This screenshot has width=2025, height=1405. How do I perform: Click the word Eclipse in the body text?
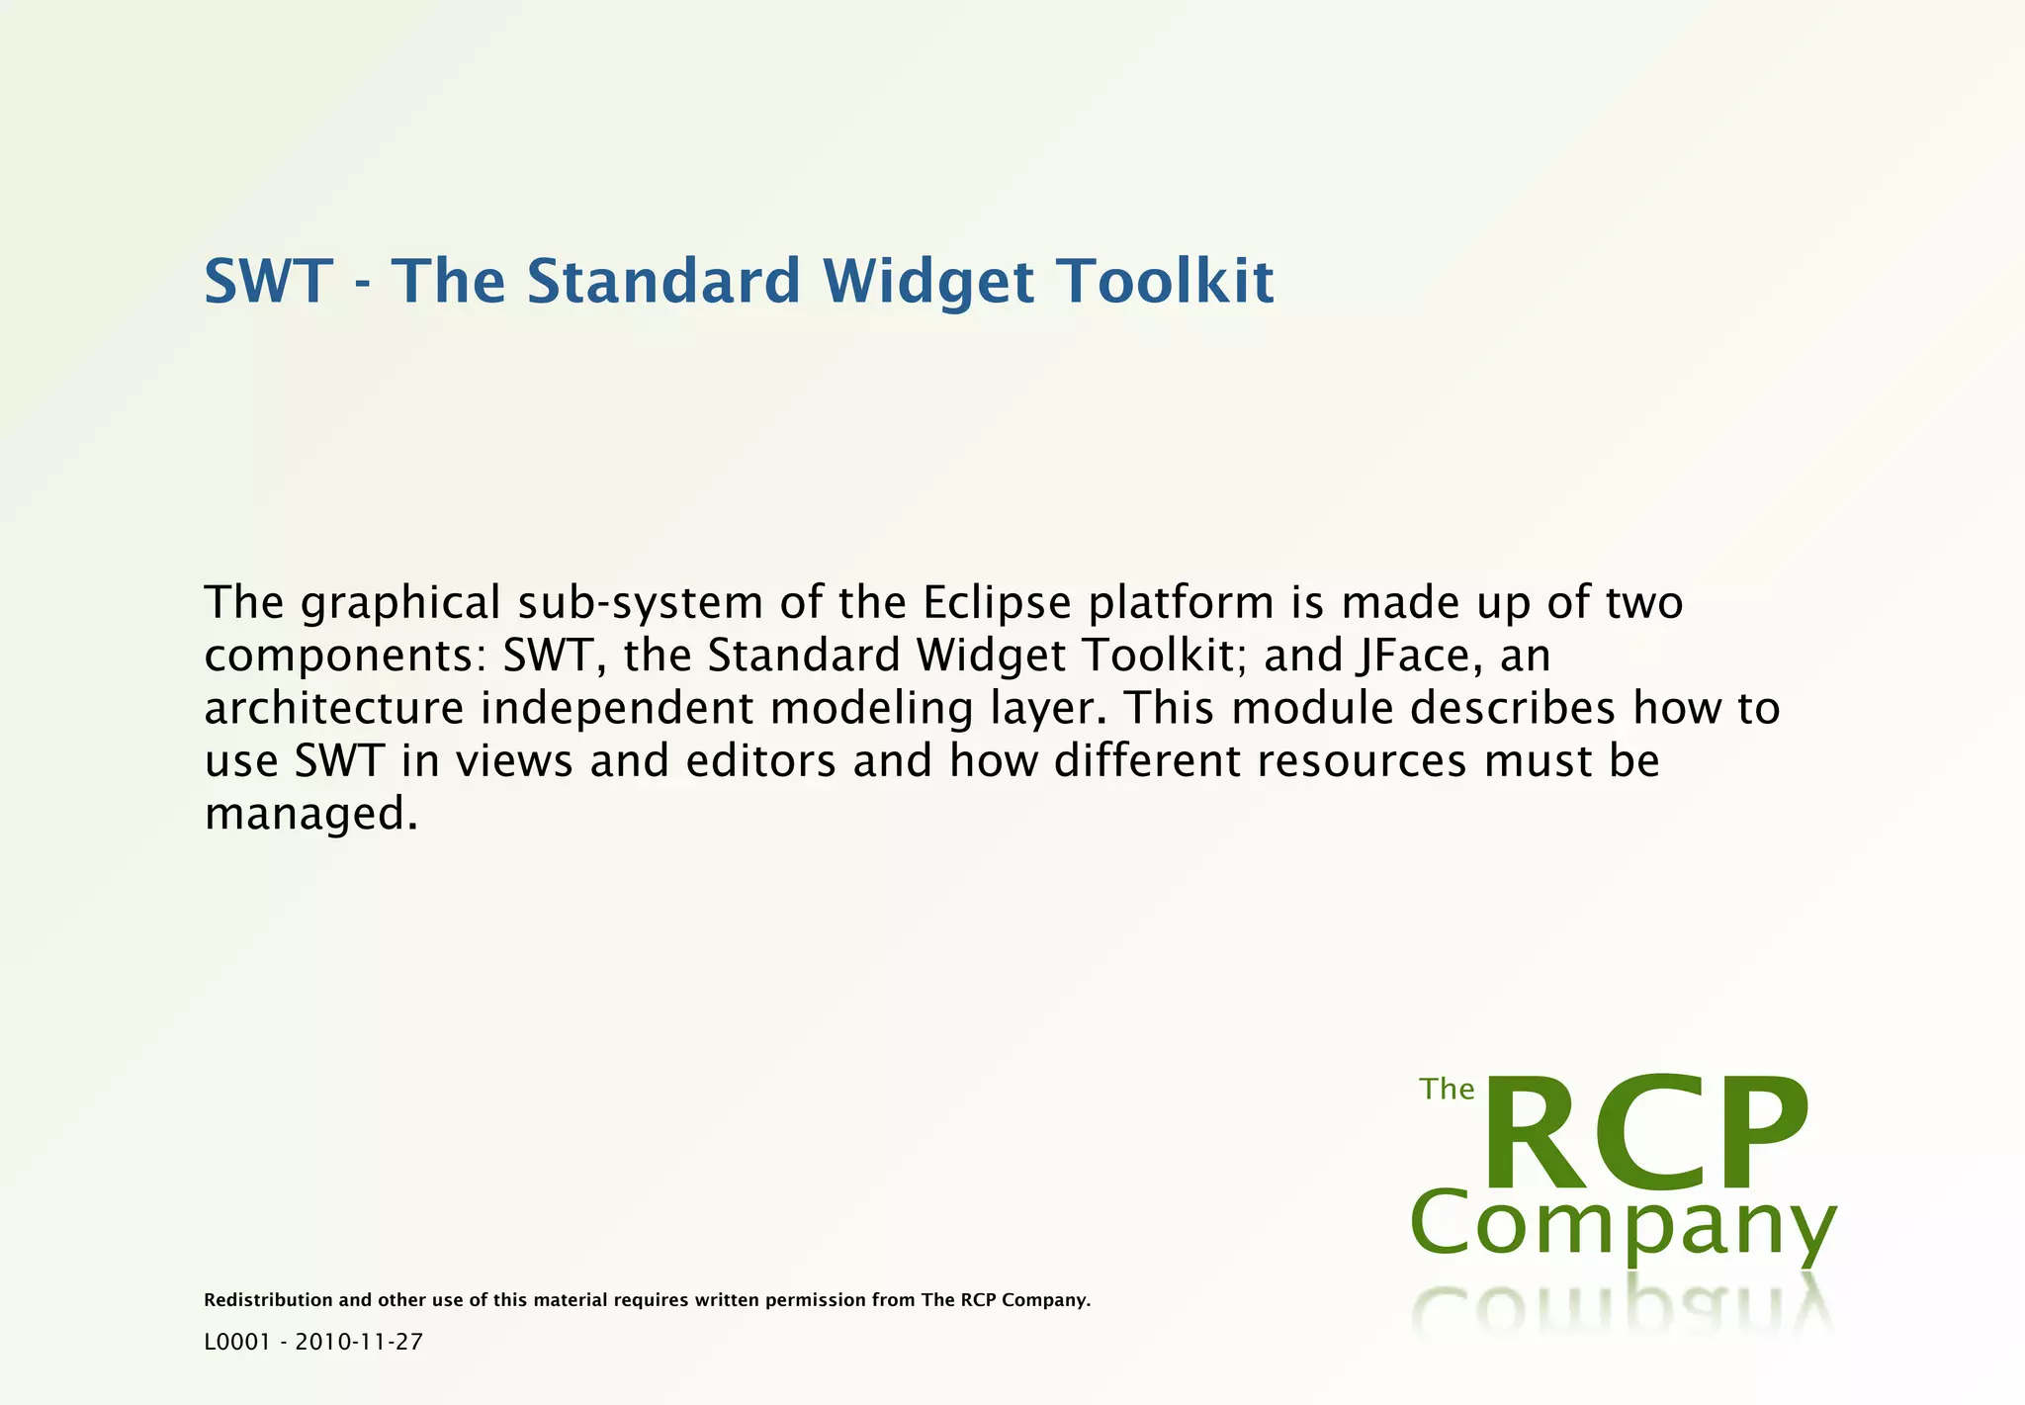click(997, 604)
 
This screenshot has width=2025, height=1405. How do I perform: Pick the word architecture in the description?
click(334, 709)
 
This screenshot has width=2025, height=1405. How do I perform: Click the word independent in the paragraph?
click(617, 709)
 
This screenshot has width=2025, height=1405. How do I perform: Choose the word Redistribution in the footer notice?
click(268, 1300)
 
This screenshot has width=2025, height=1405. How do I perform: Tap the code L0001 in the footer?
click(236, 1342)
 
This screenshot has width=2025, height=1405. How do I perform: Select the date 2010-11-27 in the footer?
click(359, 1342)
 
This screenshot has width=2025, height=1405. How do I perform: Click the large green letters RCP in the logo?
click(1647, 1134)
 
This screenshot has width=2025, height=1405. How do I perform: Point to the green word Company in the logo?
click(1622, 1226)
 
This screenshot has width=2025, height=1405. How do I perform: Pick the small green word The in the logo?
click(1447, 1090)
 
